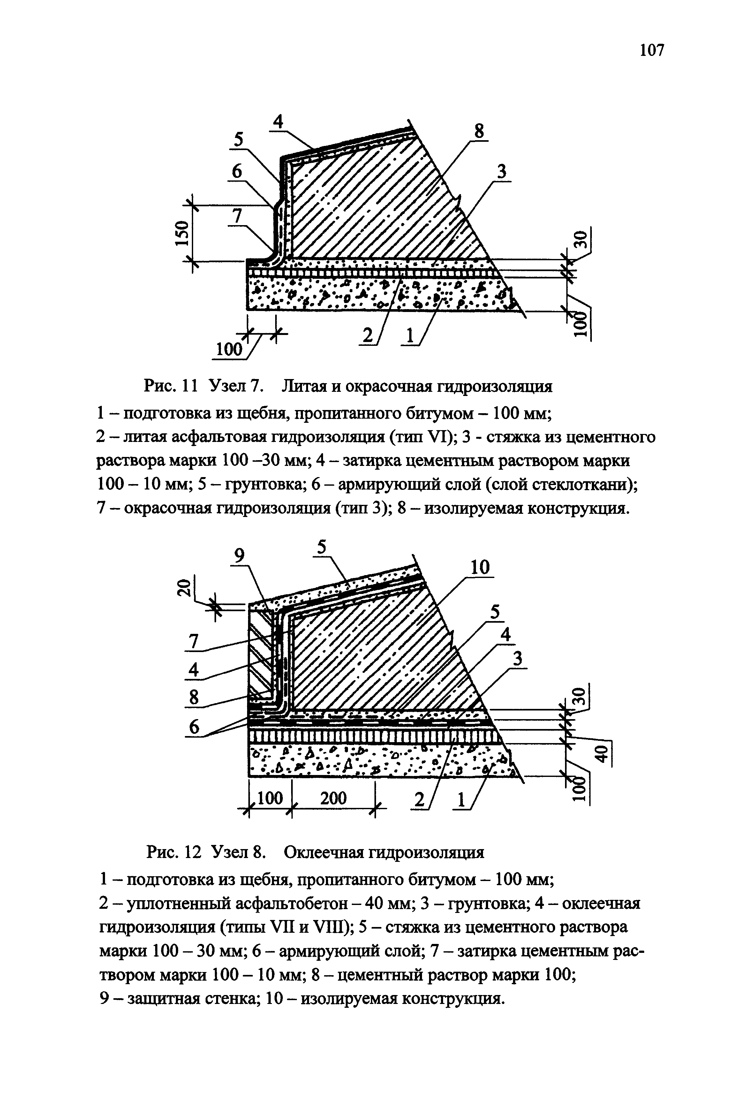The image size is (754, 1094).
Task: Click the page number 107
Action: [x=652, y=49]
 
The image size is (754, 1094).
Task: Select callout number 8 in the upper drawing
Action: [x=479, y=131]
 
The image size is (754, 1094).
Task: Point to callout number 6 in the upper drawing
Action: [x=236, y=172]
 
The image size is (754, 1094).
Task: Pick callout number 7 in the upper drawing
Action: [x=237, y=217]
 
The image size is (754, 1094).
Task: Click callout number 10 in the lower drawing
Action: [x=480, y=567]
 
